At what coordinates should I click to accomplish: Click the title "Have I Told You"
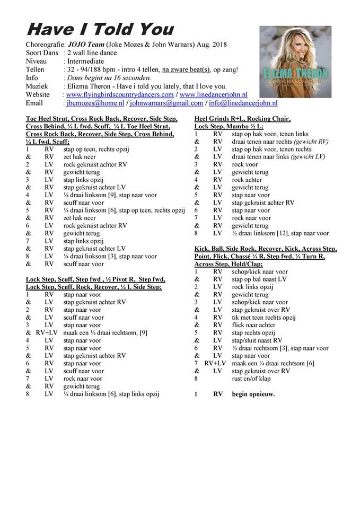[100, 28]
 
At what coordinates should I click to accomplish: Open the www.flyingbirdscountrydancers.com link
[120, 95]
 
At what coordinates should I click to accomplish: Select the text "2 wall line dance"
[92, 52]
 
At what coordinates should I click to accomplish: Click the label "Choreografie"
[45, 44]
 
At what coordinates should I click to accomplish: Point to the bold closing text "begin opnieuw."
[253, 394]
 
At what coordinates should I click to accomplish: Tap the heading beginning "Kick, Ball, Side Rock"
[273, 249]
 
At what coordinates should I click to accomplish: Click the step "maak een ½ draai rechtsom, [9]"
[105, 333]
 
